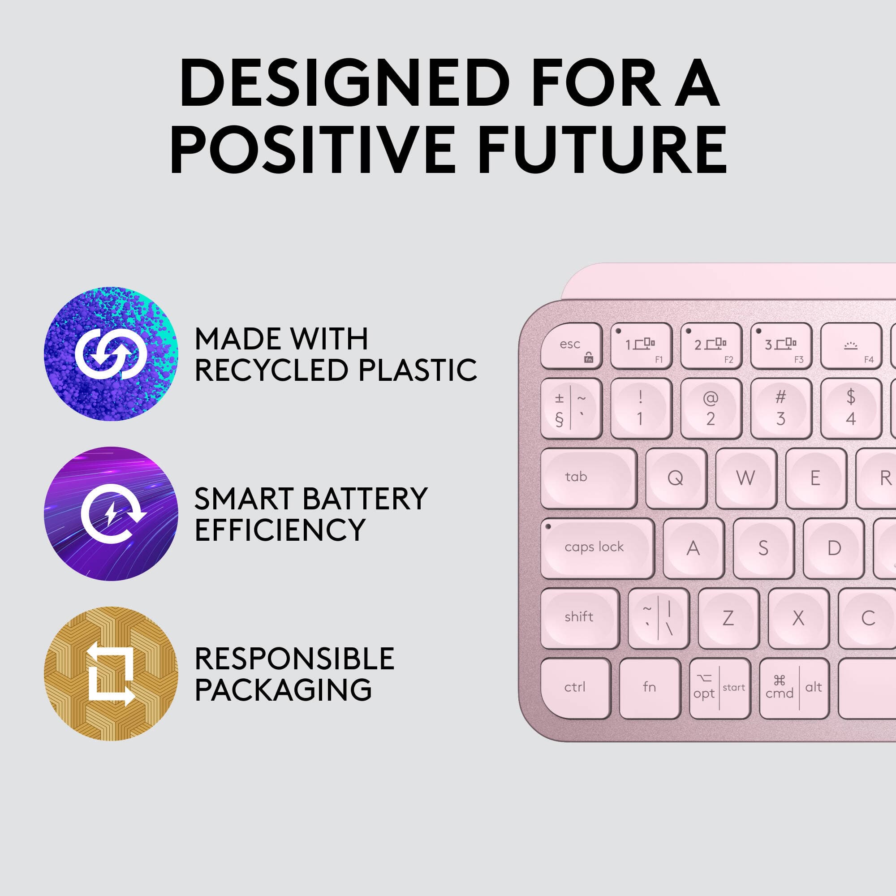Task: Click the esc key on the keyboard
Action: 571,346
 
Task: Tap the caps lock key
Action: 597,548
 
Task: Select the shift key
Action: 580,618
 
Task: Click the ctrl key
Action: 575,688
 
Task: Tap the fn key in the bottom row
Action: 649,688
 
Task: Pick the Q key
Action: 676,478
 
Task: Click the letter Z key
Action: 728,618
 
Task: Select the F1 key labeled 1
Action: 641,346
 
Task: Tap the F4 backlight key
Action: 851,346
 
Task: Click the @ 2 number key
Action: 711,408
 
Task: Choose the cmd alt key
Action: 793,688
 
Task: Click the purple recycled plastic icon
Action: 111,353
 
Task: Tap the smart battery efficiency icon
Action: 111,513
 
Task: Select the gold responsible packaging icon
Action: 111,673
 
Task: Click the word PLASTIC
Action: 418,370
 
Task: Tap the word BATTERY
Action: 364,499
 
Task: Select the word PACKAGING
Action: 283,689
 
